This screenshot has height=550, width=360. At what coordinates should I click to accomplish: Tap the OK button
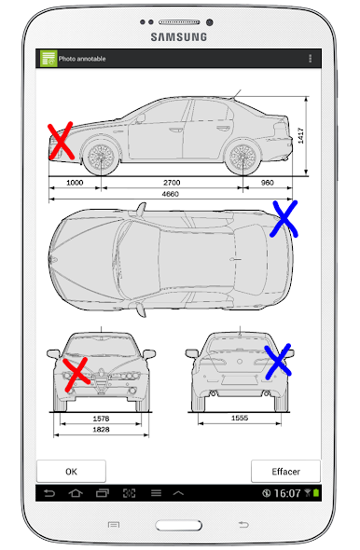coord(71,471)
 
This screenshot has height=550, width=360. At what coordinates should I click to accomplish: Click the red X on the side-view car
coord(61,141)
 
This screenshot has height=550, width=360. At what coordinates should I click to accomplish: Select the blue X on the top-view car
coord(284,219)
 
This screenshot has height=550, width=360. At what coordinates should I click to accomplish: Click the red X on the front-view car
coord(76,374)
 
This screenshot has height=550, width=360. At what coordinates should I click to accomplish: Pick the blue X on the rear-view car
coord(278,362)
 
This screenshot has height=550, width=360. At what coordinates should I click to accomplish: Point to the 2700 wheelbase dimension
coord(172,183)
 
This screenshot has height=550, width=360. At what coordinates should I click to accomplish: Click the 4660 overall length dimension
coord(171,194)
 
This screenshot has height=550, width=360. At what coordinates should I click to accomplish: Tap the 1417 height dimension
coord(300,136)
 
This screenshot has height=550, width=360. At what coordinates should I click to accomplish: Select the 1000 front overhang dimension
coord(75,183)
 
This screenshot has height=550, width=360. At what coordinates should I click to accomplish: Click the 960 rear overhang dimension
coord(268,183)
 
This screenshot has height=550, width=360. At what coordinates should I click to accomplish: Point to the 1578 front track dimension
coord(101,419)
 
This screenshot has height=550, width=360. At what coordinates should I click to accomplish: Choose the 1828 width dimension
coord(101,430)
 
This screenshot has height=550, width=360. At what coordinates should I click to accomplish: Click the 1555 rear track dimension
coord(240,418)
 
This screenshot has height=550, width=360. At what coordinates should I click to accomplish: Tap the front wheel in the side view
coord(102,157)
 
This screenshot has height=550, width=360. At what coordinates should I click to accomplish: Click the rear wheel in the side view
coord(242,157)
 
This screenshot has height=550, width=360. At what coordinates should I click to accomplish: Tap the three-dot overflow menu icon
coord(311,59)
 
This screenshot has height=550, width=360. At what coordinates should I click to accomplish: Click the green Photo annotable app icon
coord(48,58)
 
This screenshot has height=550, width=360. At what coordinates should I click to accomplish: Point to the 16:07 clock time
coord(287,493)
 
